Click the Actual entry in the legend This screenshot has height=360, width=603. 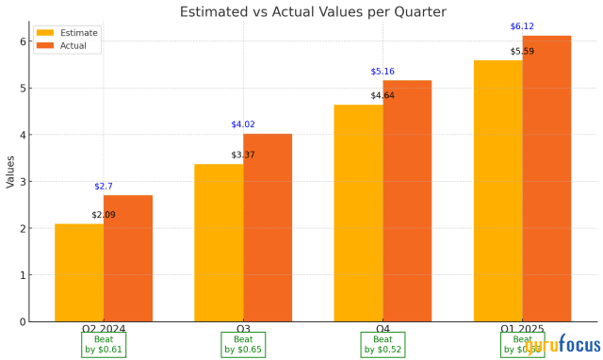(x=69, y=46)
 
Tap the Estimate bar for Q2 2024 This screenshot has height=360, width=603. (x=79, y=273)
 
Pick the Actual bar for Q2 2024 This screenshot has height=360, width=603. (x=128, y=259)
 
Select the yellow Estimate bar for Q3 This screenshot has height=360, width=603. (x=219, y=243)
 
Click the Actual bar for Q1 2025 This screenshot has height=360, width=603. (x=546, y=179)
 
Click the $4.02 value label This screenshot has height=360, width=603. (x=243, y=124)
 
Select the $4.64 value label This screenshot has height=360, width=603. (x=383, y=95)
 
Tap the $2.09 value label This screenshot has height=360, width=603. (x=104, y=215)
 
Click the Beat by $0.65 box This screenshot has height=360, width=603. (x=243, y=344)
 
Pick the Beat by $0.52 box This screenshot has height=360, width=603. (x=383, y=344)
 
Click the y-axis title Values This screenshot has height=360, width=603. (x=9, y=172)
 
